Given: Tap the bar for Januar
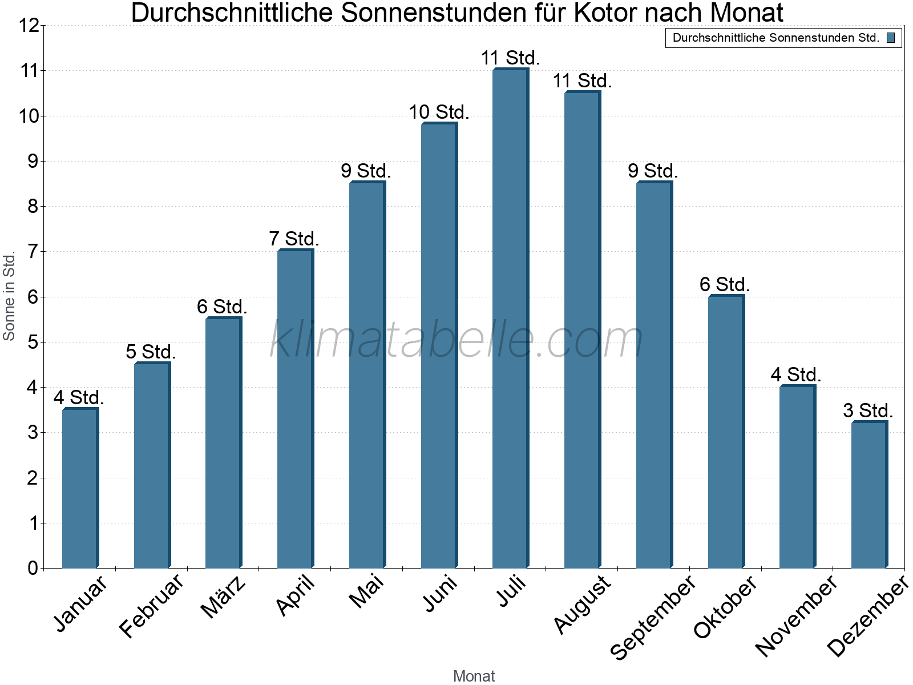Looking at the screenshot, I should click(x=80, y=488).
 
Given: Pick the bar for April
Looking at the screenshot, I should click(x=295, y=409).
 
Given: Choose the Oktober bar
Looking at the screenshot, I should click(x=725, y=432).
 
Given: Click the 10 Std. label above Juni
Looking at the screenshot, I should click(x=439, y=112).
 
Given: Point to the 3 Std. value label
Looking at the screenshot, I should click(x=868, y=410).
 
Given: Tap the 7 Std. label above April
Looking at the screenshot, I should click(x=294, y=239).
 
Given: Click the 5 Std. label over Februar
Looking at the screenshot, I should click(x=151, y=352).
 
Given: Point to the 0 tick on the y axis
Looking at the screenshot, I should click(x=32, y=568).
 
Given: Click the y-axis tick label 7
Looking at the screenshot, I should click(x=32, y=252).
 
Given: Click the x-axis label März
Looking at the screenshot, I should click(x=223, y=597).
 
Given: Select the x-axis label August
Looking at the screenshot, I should click(x=582, y=605).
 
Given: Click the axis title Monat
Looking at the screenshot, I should click(x=474, y=676).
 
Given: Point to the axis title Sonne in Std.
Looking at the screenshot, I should click(x=9, y=296).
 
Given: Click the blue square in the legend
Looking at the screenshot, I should click(x=890, y=38).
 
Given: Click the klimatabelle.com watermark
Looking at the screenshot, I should click(x=456, y=340).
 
